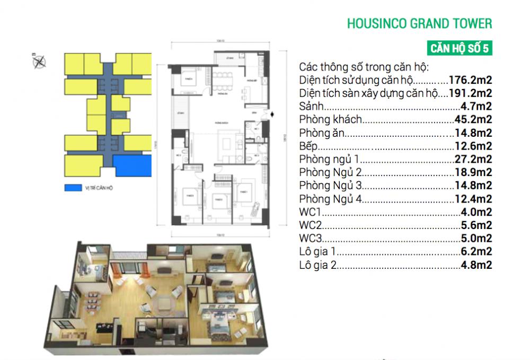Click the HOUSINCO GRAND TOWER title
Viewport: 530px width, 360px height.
point(419,24)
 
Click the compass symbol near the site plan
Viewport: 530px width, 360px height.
point(39,62)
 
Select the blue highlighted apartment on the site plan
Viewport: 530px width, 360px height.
point(132,165)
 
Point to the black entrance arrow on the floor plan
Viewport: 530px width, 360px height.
point(272,113)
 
